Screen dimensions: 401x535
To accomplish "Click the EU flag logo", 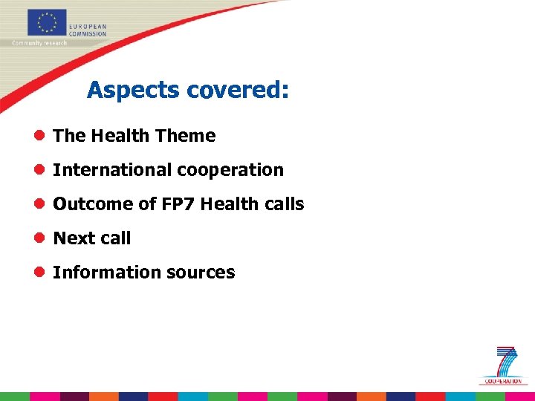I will click(x=47, y=22).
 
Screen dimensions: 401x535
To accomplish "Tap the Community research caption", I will click(x=39, y=43).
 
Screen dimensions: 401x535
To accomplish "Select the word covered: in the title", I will click(x=238, y=90).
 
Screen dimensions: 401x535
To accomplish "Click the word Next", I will click(x=72, y=238).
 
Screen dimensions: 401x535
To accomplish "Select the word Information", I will click(x=100, y=273).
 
